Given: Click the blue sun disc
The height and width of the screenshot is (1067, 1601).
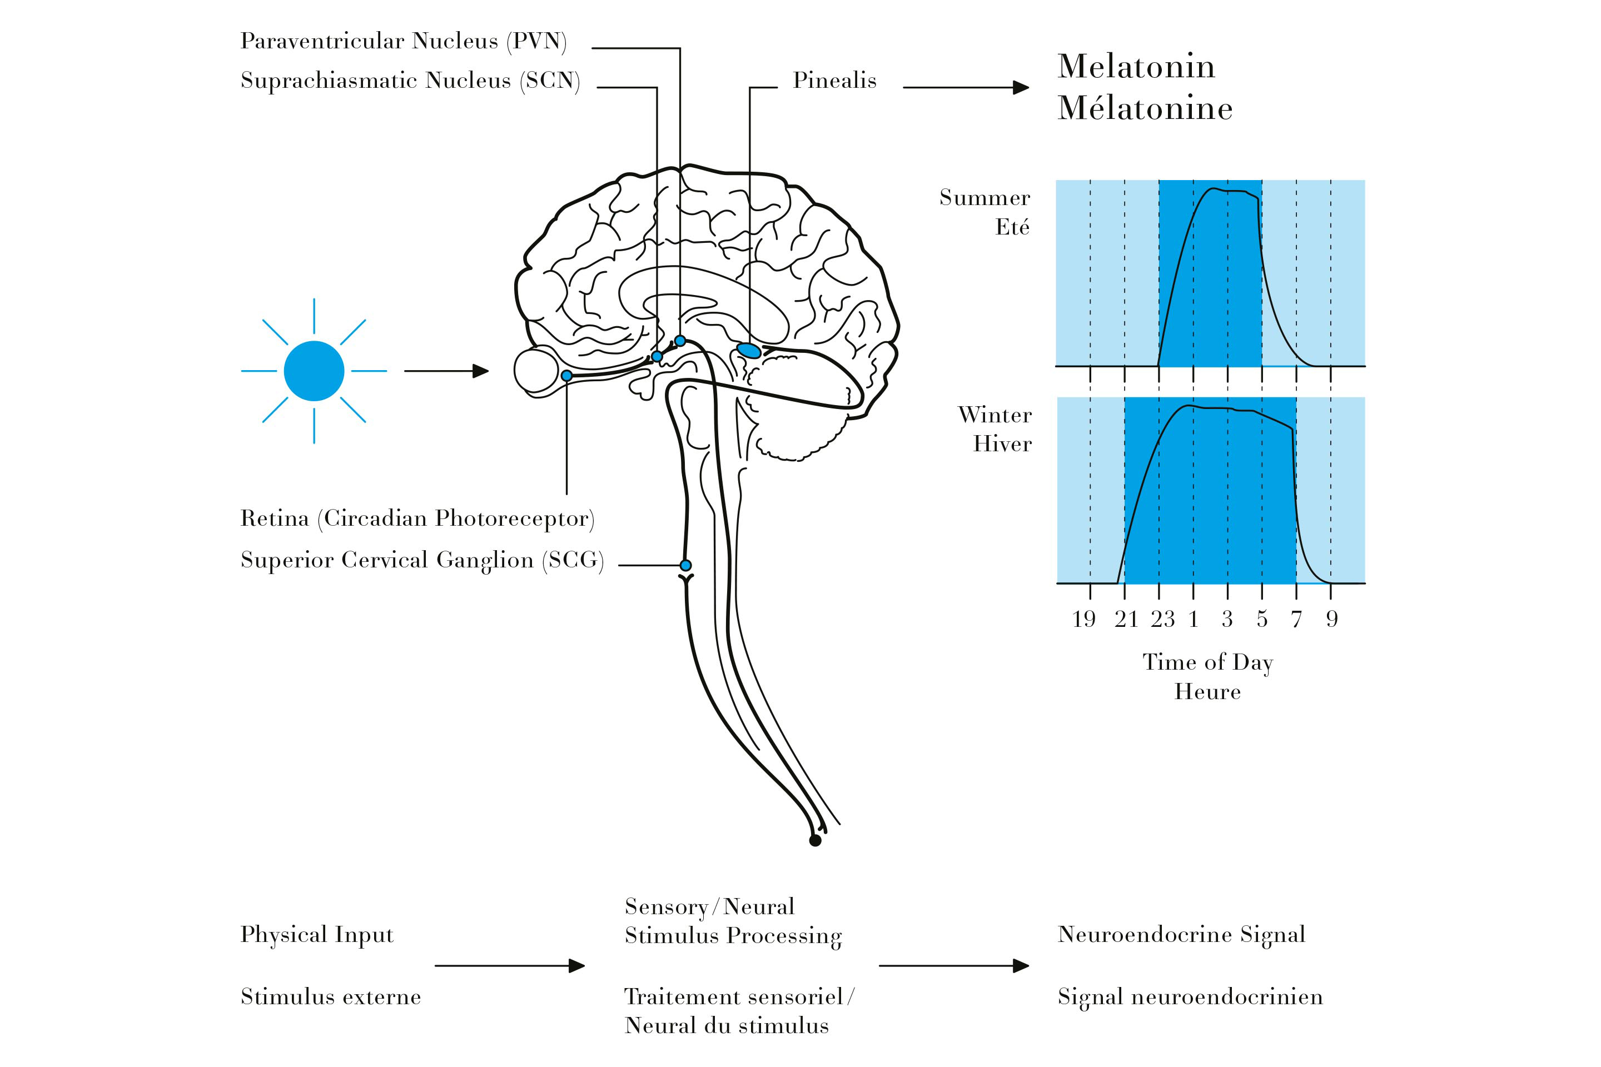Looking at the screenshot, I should tap(314, 371).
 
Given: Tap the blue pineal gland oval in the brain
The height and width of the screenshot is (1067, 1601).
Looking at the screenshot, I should tap(749, 351).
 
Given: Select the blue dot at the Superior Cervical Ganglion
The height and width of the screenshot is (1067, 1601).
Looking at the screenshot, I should tap(685, 565).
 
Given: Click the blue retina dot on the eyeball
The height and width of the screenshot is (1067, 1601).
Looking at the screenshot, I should tap(566, 376).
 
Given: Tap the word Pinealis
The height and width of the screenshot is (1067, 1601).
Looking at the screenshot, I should tap(834, 80).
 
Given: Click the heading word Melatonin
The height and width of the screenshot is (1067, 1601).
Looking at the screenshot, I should tap(1135, 67).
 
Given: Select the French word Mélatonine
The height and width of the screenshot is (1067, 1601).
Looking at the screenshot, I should tap(1145, 108).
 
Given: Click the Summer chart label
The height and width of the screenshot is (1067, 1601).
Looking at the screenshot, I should tap(985, 198).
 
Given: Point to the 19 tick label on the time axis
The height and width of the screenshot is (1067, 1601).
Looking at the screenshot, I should tap(1083, 619).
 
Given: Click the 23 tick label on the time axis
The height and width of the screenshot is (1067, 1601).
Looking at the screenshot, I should tap(1162, 619).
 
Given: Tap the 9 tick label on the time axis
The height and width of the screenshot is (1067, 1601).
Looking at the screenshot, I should tap(1332, 619).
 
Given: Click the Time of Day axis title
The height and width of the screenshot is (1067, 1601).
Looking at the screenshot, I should tap(1207, 662).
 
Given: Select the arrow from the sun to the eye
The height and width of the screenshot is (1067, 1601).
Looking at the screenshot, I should tap(446, 371).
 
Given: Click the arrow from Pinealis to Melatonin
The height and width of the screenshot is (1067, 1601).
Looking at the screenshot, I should tap(965, 87).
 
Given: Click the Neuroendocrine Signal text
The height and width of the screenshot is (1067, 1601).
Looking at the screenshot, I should tap(1181, 935).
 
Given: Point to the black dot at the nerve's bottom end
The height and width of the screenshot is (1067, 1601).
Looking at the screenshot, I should tap(815, 840).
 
